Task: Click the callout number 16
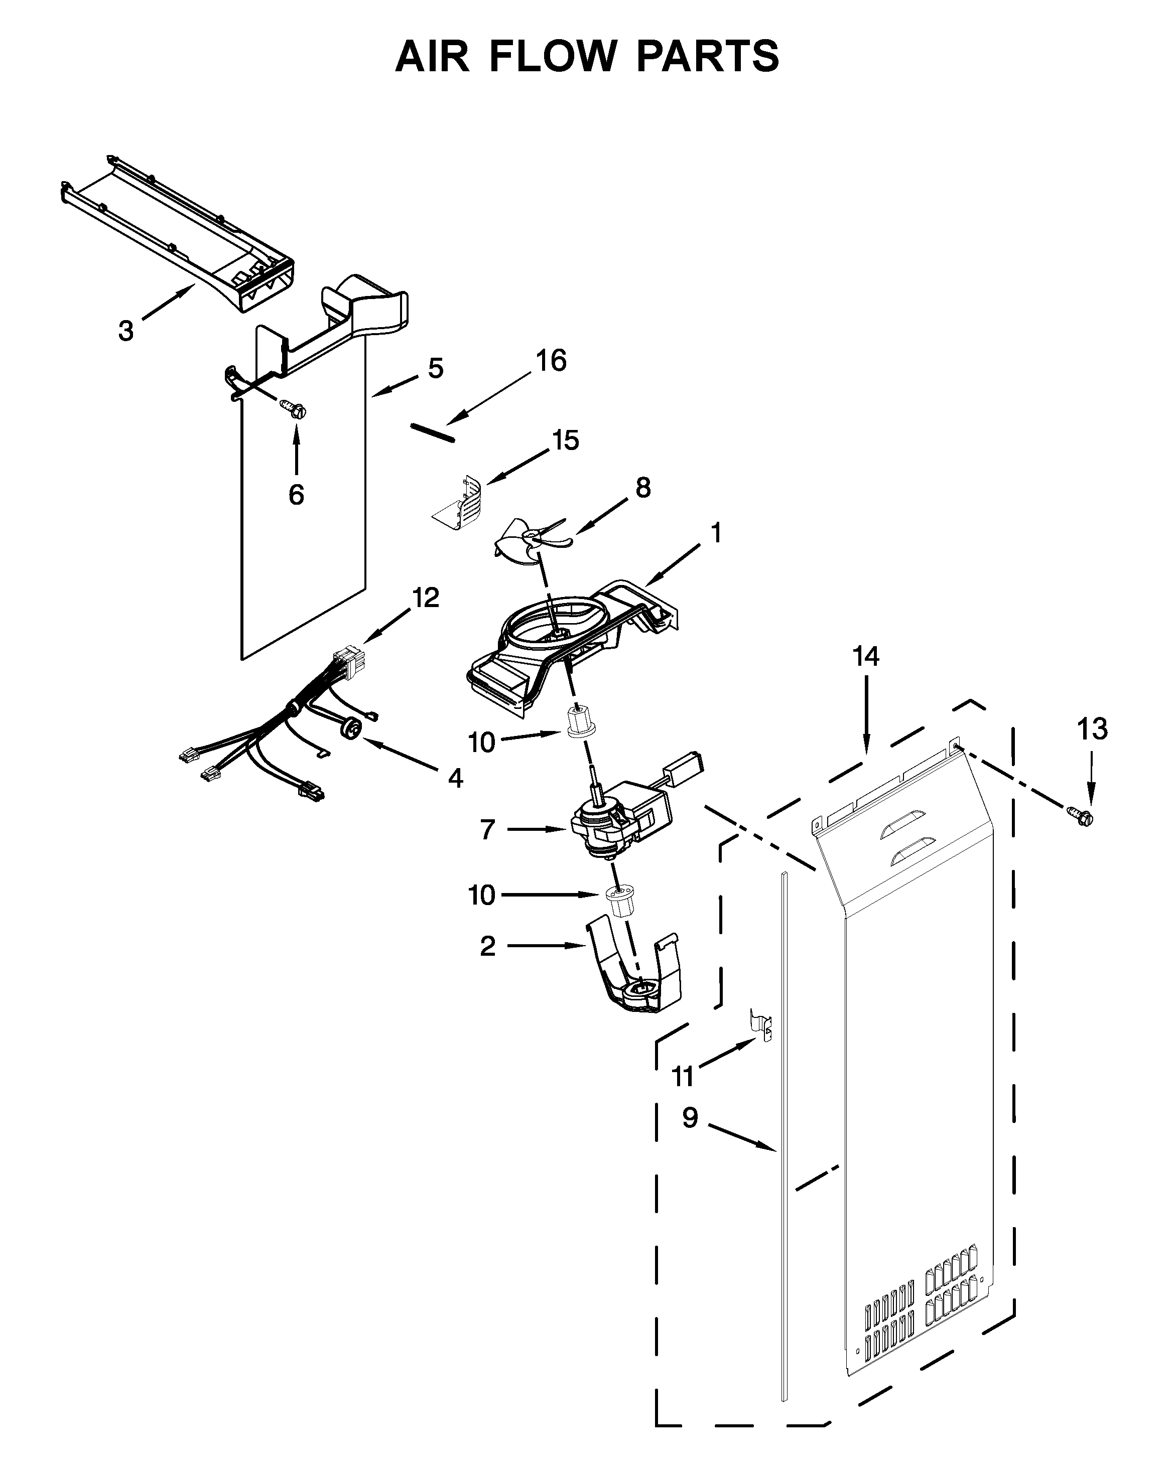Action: (x=551, y=361)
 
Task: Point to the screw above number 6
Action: (x=294, y=409)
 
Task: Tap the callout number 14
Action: (x=865, y=657)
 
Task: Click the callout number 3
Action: (x=125, y=331)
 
